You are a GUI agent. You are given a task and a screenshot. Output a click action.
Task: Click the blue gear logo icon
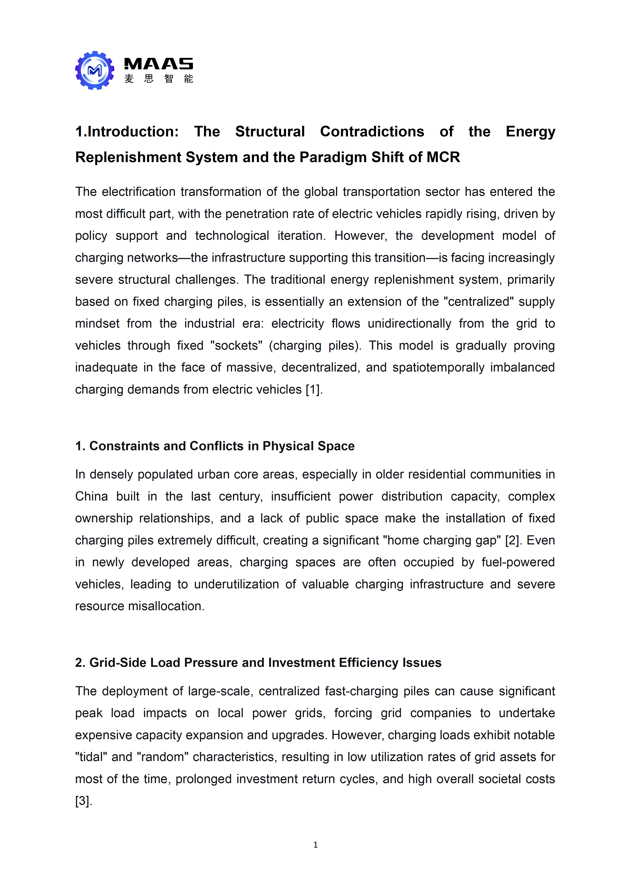[95, 70]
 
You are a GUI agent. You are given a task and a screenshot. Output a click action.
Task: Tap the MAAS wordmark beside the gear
[158, 64]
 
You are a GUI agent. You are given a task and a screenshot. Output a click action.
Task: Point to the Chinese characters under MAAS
[158, 79]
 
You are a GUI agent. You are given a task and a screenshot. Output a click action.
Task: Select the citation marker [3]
[83, 801]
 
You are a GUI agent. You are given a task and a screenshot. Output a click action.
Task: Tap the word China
[91, 496]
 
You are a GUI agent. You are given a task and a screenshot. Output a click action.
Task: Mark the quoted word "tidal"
[90, 757]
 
